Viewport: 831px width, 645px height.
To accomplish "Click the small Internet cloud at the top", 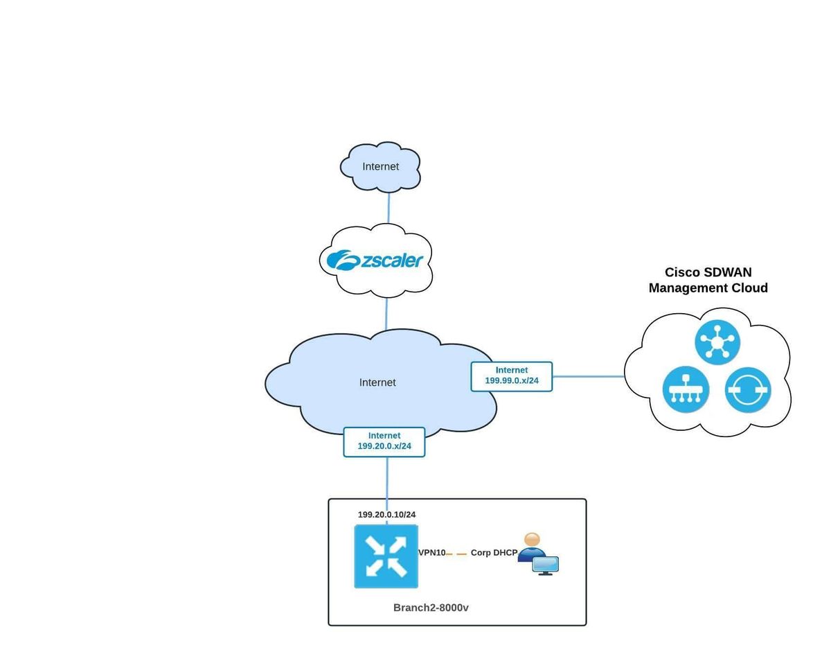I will (x=380, y=166).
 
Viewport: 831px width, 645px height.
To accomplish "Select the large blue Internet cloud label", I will (x=377, y=382).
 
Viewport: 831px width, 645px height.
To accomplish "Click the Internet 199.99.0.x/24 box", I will (x=511, y=376).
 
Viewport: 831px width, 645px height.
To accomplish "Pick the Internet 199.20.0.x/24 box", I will (x=384, y=441).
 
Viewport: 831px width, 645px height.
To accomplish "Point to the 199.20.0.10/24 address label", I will (x=386, y=515).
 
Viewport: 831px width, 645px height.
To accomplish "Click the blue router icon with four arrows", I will (x=386, y=556).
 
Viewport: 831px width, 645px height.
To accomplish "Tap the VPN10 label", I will (x=431, y=553).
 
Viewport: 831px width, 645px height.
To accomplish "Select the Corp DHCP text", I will (x=494, y=553).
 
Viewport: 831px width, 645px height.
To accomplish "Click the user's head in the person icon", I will (x=532, y=540).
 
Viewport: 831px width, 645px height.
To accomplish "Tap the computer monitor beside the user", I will (x=546, y=565).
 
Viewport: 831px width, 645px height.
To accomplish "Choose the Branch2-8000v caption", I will (x=431, y=608).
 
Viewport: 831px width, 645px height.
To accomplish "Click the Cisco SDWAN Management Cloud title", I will (x=708, y=280).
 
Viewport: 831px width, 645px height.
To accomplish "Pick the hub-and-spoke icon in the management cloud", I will (x=717, y=342).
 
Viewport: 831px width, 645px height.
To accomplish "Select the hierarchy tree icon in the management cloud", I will (x=686, y=389).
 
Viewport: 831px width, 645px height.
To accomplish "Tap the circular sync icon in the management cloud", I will (x=748, y=390).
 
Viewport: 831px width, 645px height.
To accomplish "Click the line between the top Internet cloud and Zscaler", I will (x=388, y=208).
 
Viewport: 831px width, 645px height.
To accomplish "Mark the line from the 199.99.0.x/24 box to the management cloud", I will (x=589, y=377).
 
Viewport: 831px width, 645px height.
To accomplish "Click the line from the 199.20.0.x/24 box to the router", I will (x=386, y=478).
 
